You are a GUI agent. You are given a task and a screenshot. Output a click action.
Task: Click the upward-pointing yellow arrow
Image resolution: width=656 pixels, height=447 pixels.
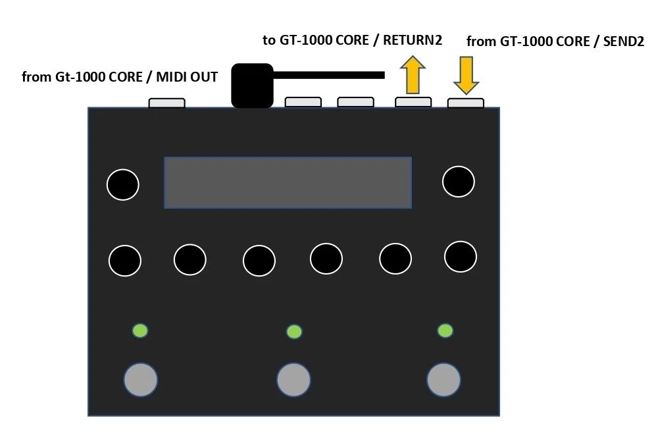413,74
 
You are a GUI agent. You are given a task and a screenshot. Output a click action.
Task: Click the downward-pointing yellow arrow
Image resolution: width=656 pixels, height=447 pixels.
466,75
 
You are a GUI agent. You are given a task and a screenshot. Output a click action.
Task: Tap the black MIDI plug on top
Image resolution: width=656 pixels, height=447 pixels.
252,86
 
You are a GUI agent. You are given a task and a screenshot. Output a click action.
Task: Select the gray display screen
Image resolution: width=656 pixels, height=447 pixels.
288,182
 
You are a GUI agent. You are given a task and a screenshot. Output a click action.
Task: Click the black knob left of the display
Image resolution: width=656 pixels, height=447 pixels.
123,184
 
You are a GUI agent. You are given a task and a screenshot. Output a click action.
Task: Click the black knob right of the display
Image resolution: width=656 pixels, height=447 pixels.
459,181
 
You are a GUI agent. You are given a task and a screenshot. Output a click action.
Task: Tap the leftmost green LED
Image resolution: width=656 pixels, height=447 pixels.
140,330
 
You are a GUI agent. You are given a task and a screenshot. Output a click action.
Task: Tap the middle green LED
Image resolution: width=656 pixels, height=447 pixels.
294,332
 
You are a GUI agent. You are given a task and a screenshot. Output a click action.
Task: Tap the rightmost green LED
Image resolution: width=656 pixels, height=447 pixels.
445,330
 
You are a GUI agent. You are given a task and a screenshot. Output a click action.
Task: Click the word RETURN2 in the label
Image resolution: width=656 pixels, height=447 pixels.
413,40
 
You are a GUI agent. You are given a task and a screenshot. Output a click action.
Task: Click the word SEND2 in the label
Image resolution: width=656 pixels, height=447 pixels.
623,41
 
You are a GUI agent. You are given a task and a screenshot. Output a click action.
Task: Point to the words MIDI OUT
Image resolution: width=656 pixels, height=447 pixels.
187,77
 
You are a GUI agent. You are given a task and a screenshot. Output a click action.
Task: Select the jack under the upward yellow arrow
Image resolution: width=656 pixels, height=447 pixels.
413,102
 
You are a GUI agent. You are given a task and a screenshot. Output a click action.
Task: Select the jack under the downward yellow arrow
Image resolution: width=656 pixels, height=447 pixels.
466,103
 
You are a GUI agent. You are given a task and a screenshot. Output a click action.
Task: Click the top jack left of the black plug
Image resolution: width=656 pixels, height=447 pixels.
167,103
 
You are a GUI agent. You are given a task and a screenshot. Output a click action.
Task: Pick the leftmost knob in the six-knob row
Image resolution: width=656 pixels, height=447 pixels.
124,260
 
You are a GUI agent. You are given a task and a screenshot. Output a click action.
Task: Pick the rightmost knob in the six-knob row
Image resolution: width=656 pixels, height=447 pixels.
461,257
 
